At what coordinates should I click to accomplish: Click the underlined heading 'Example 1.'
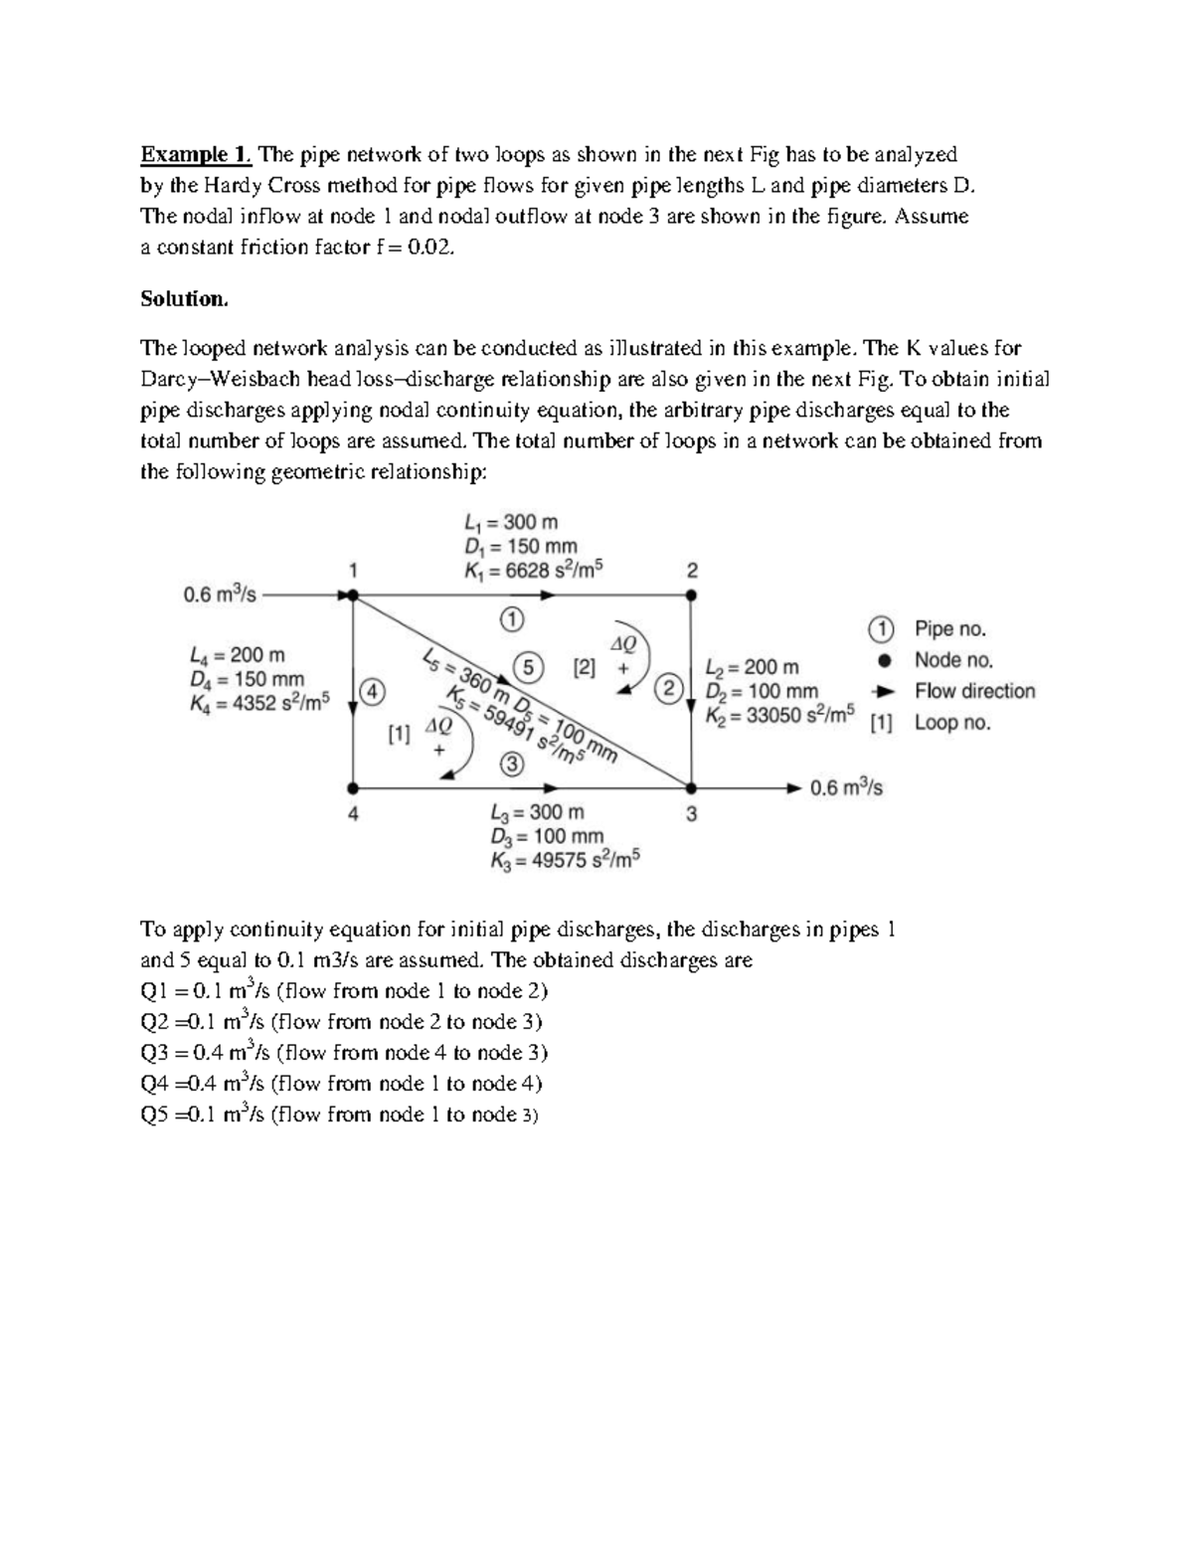(197, 154)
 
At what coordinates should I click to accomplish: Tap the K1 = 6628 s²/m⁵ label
(534, 570)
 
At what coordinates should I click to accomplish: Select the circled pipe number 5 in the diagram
(528, 665)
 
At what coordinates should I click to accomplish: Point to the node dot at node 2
(692, 596)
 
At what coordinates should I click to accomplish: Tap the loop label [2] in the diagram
(584, 668)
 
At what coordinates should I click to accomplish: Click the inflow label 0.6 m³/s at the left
(220, 595)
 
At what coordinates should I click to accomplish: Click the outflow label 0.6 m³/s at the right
(846, 788)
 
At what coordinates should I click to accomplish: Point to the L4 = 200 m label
(237, 655)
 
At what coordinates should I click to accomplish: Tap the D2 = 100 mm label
(762, 691)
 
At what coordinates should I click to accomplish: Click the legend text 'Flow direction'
(974, 691)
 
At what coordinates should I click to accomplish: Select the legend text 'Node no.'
(953, 660)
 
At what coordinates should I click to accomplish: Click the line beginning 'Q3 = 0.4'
(344, 1053)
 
